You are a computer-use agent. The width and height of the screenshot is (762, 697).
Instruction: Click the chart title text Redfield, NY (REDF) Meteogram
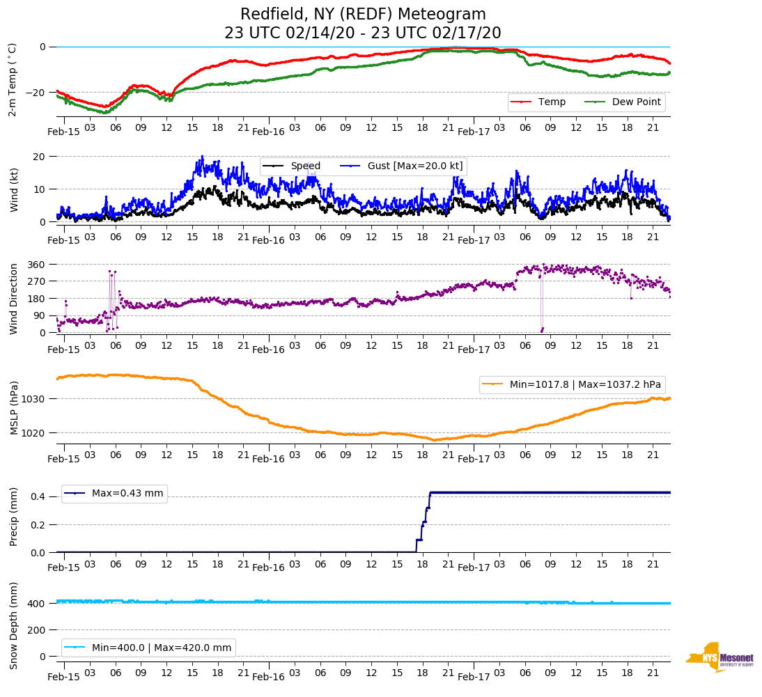pos(363,15)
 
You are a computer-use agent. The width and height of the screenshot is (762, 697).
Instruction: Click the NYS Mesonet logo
pos(720,657)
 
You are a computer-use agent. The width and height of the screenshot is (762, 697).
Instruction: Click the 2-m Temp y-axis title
pos(12,79)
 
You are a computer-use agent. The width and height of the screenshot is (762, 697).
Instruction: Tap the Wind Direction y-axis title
pos(13,299)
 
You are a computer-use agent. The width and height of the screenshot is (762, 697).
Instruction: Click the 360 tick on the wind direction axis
pos(36,265)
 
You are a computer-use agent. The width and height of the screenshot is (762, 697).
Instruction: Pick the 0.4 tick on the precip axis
pos(38,496)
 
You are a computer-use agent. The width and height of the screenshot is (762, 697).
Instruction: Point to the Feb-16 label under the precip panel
pos(268,567)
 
